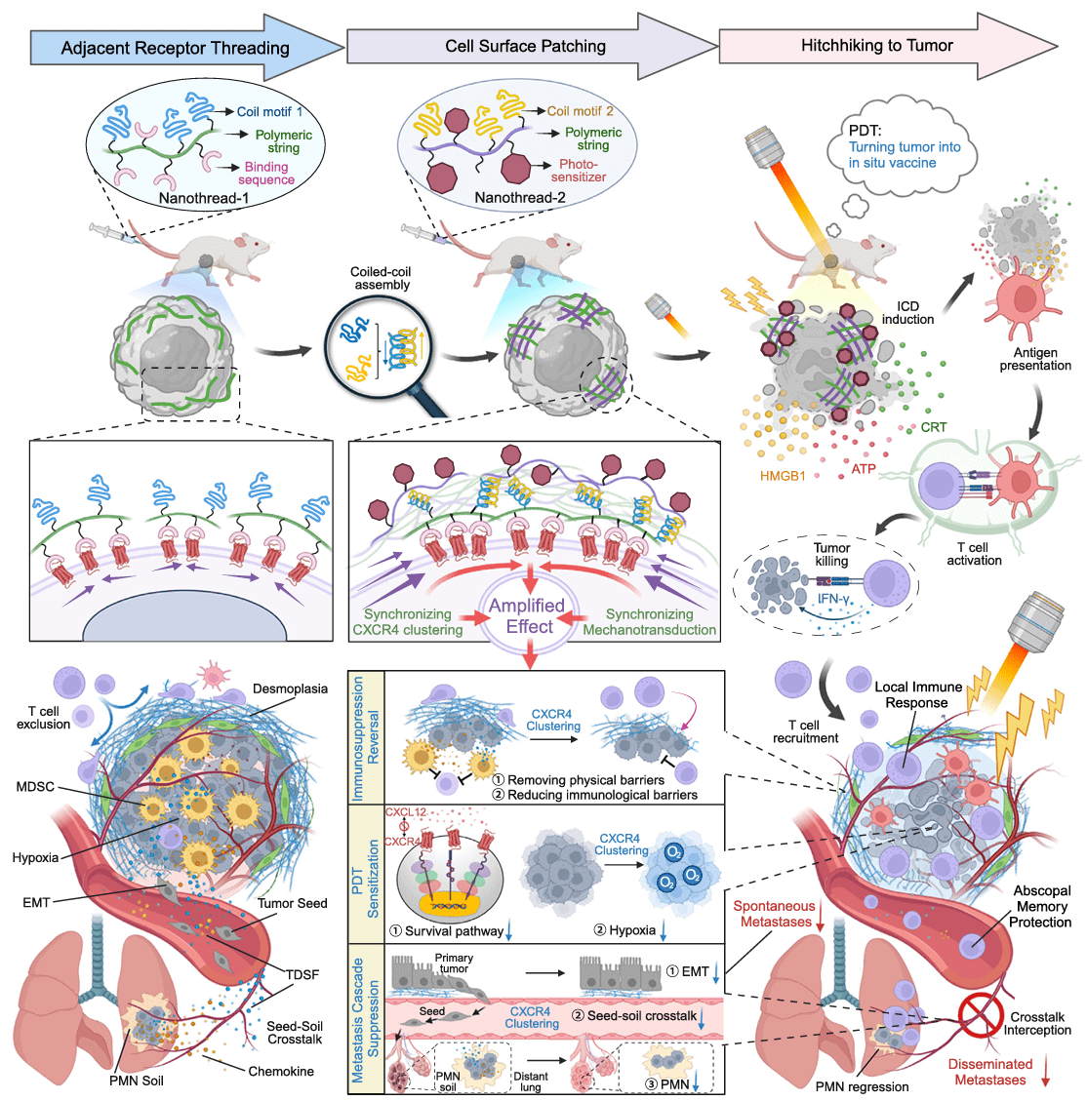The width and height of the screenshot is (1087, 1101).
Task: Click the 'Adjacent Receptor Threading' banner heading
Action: [175, 48]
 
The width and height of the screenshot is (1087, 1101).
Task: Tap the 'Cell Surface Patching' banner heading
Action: [525, 46]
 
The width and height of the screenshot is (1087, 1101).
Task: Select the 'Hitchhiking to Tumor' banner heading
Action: [876, 45]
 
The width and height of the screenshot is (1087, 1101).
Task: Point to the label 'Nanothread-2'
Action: [520, 198]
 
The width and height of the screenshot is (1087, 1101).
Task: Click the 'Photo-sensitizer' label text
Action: [579, 171]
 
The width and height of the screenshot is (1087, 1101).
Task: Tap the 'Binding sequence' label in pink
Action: [266, 173]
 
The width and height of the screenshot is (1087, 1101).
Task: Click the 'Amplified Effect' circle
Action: [528, 616]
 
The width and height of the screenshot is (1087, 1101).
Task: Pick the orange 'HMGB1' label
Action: [783, 477]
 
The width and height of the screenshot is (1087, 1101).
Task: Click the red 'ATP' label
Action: [863, 469]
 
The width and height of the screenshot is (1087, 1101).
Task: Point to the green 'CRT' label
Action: [933, 427]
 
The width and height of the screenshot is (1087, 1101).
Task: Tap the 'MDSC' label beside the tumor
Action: [35, 787]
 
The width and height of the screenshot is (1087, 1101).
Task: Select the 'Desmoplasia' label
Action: [290, 688]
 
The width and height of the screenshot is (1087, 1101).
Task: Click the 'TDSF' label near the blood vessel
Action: [302, 974]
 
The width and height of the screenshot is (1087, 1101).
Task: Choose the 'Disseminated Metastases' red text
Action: [989, 1072]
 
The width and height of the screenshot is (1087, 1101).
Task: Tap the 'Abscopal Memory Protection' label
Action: [1041, 906]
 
